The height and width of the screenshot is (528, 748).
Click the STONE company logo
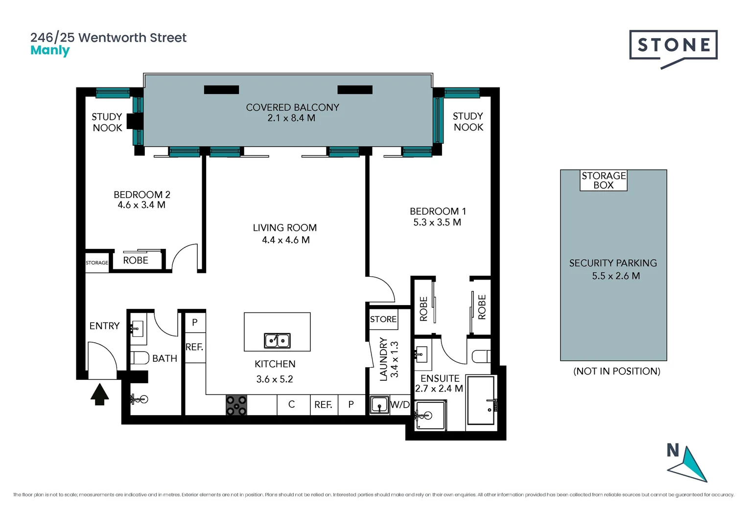click(x=673, y=47)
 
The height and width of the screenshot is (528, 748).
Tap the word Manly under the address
click(x=50, y=50)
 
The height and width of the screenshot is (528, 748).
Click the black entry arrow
click(x=100, y=394)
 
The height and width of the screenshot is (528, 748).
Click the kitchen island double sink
click(x=277, y=340)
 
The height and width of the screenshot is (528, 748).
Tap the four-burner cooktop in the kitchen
click(x=236, y=405)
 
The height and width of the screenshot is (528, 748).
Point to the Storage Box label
click(x=603, y=180)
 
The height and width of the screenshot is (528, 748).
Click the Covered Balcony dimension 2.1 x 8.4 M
click(x=291, y=118)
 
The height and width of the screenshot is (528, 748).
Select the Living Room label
click(x=284, y=228)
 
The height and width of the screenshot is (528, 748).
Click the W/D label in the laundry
click(x=400, y=405)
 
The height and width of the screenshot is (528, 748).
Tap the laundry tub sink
click(x=379, y=405)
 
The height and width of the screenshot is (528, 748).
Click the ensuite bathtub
click(x=481, y=400)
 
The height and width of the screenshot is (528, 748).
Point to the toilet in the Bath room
click(x=140, y=358)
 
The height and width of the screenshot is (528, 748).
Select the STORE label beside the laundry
click(x=383, y=319)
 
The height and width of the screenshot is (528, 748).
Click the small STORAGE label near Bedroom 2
click(x=97, y=263)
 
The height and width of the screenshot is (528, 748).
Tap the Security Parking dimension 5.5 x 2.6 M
click(x=616, y=276)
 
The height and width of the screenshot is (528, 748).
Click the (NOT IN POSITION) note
click(x=616, y=371)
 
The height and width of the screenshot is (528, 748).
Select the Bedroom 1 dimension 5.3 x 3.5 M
click(x=437, y=222)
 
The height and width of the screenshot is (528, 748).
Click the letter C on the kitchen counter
click(x=291, y=404)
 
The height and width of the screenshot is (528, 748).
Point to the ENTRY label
click(x=104, y=326)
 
